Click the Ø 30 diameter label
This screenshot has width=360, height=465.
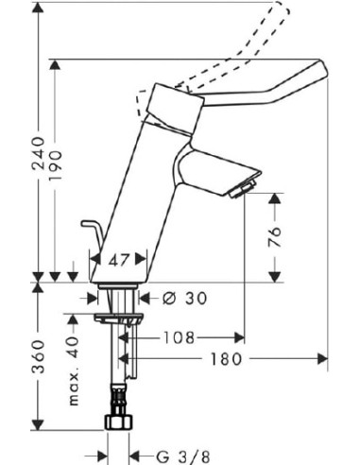pos(182,298)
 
